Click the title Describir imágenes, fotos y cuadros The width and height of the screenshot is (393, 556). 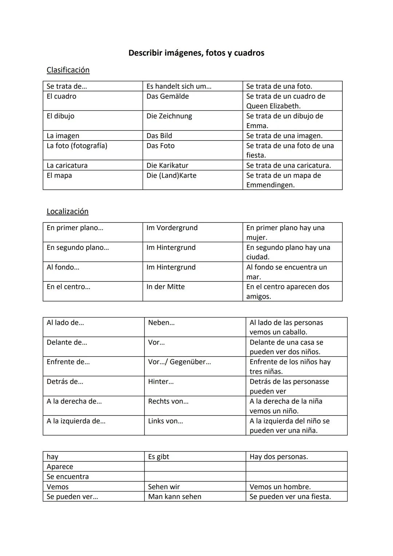196,53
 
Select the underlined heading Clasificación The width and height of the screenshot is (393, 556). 68,70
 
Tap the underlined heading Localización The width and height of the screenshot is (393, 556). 67,212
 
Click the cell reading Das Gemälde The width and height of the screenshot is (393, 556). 167,96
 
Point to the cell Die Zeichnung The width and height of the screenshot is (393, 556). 169,116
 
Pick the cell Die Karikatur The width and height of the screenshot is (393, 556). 167,165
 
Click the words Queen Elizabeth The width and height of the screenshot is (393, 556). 273,106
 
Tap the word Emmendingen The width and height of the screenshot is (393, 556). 270,185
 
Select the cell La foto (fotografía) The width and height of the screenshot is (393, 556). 77,146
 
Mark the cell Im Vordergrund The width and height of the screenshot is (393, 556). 172,228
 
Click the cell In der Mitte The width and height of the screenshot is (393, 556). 165,287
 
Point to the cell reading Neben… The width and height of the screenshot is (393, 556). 161,323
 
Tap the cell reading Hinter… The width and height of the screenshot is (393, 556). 160,382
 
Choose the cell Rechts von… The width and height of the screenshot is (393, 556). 168,401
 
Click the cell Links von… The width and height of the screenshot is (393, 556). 165,421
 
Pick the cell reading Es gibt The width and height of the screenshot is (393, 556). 158,457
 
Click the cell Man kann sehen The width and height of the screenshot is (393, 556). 174,497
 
